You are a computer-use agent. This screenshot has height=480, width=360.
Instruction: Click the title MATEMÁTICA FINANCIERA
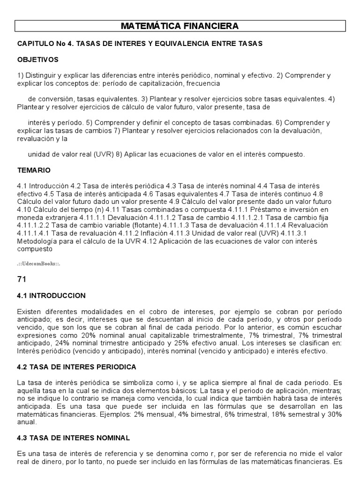pos(180,26)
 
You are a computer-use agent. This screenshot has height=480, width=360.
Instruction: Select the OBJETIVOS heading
pos(37,60)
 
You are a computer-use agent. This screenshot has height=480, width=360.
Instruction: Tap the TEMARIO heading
pos(34,170)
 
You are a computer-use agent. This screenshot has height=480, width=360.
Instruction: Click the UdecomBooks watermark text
pos(39,264)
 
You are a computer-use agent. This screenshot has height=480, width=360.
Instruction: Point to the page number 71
pos(22,279)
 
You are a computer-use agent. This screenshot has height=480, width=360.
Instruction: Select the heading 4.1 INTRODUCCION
pos(51,296)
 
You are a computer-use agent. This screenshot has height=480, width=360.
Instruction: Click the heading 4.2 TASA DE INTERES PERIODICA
pos(76,366)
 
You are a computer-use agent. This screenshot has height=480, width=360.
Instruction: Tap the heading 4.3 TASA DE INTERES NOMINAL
pos(73,437)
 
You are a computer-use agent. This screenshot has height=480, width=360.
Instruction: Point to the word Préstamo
pos(278,210)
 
